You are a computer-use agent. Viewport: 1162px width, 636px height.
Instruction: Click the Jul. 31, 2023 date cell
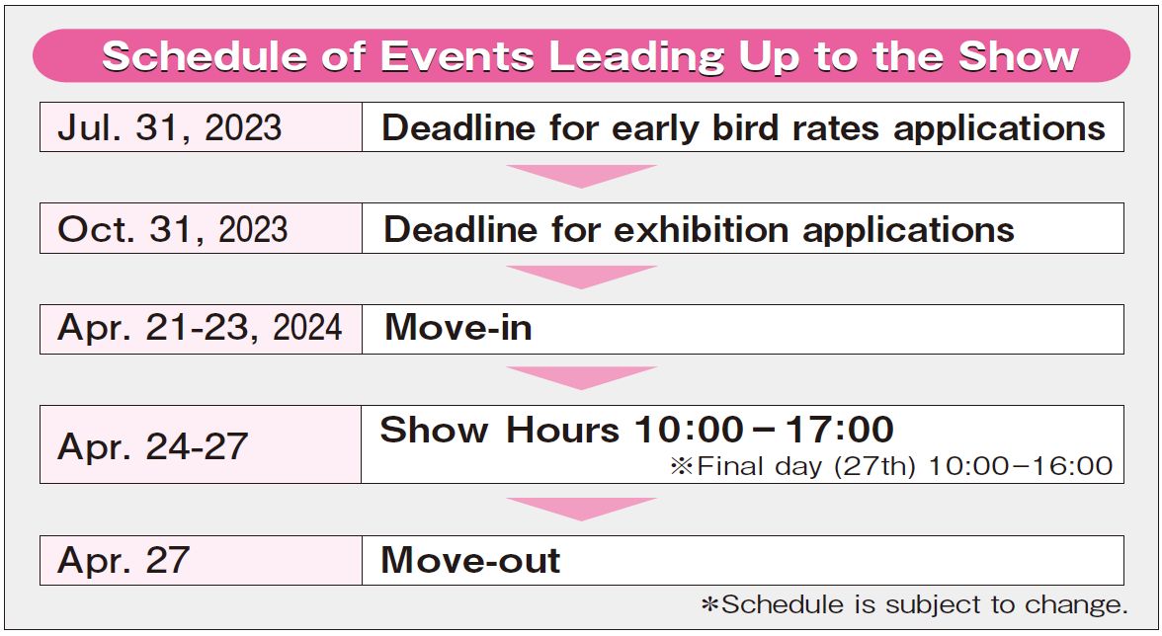[201, 127]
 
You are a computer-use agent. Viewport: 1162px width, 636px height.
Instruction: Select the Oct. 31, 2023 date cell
[201, 229]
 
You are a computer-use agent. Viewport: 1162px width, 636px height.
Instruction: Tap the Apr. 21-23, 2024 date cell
[201, 329]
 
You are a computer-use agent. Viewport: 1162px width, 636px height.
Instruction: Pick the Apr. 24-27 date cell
[201, 444]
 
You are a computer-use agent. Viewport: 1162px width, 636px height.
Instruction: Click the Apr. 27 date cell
[201, 561]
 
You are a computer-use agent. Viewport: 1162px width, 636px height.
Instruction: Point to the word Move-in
[458, 327]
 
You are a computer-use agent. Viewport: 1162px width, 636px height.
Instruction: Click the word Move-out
[470, 560]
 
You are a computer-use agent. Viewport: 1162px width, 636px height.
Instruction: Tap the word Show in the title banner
[1019, 56]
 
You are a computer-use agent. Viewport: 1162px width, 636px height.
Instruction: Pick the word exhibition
[702, 229]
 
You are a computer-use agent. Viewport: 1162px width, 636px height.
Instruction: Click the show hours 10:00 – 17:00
[764, 430]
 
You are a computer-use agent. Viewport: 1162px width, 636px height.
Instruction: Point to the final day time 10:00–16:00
[1021, 466]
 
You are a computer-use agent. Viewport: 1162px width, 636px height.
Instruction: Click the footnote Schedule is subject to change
[915, 605]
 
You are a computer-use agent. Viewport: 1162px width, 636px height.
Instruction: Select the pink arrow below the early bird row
[582, 176]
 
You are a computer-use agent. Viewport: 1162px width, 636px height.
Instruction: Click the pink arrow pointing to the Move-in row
[582, 277]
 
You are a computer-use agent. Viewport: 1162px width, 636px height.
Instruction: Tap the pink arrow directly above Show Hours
[582, 377]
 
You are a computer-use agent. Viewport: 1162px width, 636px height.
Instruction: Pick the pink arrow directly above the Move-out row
[582, 509]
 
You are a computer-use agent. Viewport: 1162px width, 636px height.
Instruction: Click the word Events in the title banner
[457, 56]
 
